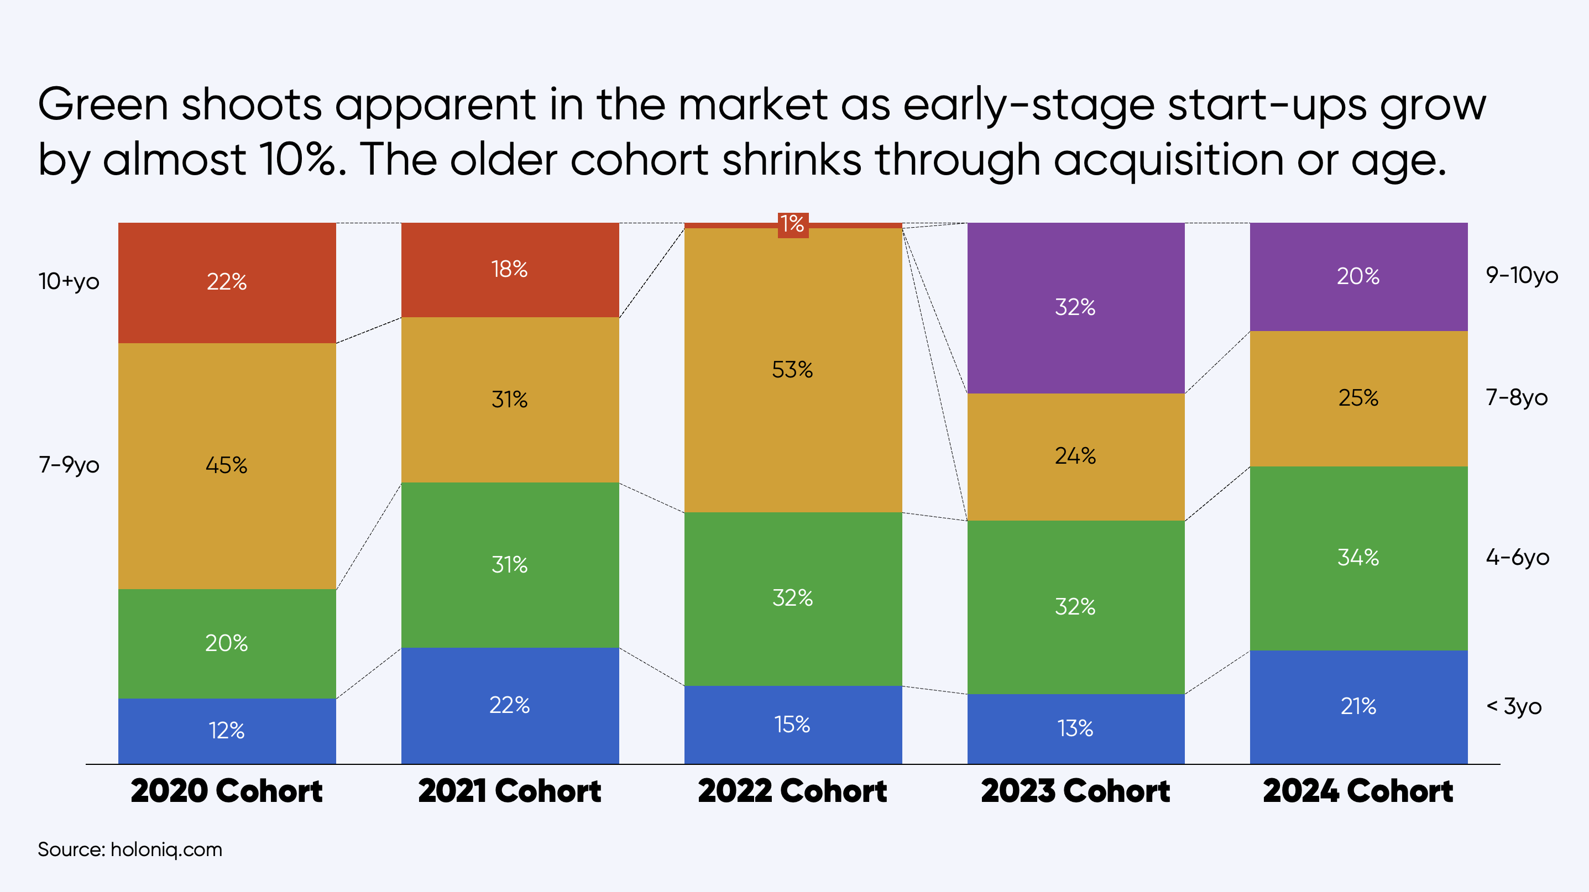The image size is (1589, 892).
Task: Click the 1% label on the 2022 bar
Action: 793,224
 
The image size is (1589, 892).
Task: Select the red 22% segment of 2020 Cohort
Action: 227,283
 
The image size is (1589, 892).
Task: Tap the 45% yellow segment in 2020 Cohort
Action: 227,466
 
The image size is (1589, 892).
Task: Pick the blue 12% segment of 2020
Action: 227,731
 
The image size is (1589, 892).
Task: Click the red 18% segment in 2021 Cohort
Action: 510,270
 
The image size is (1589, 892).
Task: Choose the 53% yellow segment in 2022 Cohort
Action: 793,370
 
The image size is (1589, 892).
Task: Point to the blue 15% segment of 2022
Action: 793,725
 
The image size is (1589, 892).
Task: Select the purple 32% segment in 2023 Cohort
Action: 1076,308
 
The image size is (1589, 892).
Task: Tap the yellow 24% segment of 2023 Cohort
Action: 1076,457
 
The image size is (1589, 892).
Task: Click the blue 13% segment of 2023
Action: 1076,730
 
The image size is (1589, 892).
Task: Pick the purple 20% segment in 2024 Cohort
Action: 1359,277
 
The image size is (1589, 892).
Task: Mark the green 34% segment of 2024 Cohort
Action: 1359,559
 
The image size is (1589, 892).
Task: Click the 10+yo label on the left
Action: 69,282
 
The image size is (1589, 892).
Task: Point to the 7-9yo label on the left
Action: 69,465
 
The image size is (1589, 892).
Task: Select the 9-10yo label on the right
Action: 1522,276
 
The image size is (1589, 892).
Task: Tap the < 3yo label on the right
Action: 1514,706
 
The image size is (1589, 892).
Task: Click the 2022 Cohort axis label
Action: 793,791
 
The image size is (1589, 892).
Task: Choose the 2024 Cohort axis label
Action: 1358,791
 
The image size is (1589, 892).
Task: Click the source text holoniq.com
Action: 166,850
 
